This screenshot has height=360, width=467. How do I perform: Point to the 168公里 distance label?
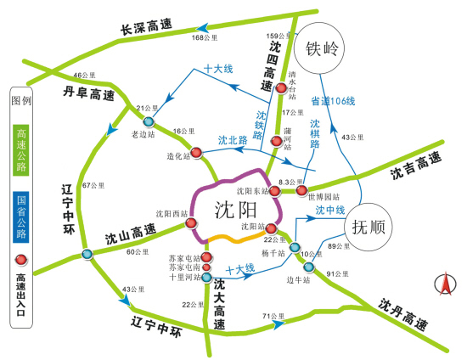click(x=205, y=38)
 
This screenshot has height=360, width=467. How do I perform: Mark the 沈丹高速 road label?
click(x=403, y=314)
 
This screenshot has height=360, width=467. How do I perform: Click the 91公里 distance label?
click(x=339, y=273)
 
